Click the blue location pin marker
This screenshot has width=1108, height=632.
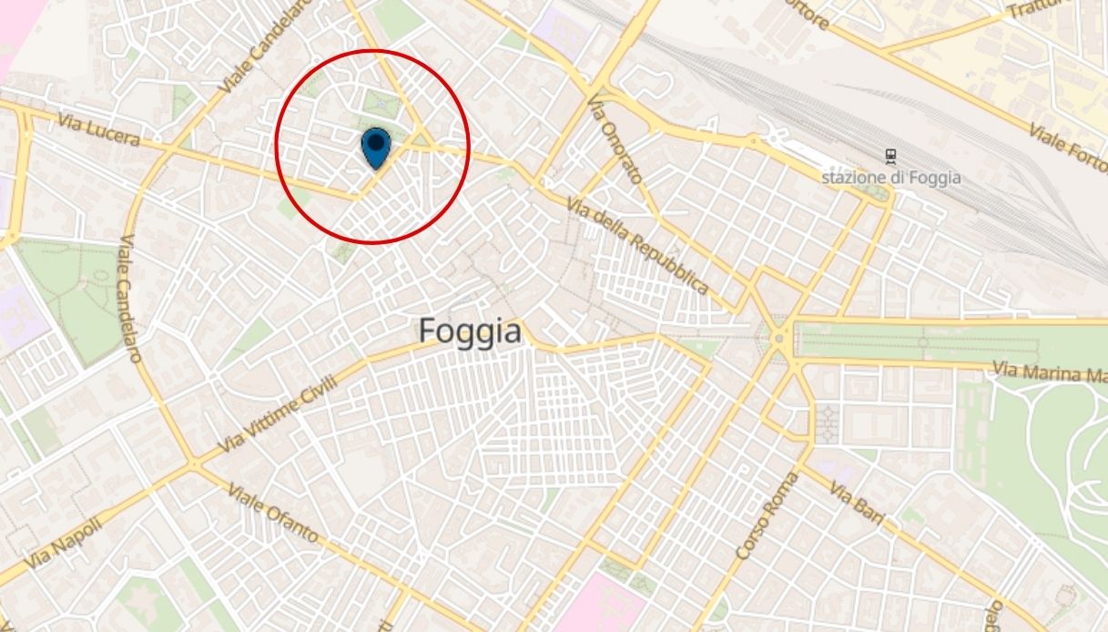tap(375, 148)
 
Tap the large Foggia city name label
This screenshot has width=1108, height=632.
tap(470, 331)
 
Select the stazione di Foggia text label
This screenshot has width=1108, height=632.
tap(890, 178)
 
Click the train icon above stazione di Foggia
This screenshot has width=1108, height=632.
tap(890, 157)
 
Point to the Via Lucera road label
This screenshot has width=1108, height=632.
tap(98, 129)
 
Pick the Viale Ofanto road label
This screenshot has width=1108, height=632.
tap(273, 512)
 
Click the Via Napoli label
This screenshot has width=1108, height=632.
tap(60, 543)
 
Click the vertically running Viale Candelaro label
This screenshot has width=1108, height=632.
tap(129, 299)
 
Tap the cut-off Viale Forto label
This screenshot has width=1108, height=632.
tap(1067, 146)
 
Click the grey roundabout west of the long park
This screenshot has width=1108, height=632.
tap(779, 340)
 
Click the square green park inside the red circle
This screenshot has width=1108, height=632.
tap(381, 104)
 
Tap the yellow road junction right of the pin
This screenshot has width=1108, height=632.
tap(421, 141)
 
